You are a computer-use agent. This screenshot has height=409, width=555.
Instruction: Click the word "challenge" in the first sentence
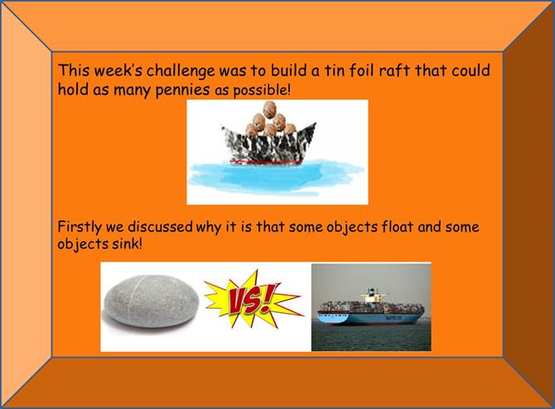coord(181,71)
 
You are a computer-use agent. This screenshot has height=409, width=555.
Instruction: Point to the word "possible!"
coord(262,90)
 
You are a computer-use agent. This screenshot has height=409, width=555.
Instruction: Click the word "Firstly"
coord(80,227)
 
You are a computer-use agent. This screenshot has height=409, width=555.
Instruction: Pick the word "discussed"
coord(160,226)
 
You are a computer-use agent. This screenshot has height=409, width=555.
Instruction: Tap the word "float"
coord(398,226)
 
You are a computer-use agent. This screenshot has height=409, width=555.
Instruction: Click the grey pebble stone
coord(151,301)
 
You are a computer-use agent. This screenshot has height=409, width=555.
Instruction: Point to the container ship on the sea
coord(370,307)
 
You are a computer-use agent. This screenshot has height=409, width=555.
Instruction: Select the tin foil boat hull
coord(269,144)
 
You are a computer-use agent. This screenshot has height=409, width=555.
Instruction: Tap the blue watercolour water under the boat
coord(275,177)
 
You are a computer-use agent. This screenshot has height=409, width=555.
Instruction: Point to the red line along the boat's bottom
coord(266,162)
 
